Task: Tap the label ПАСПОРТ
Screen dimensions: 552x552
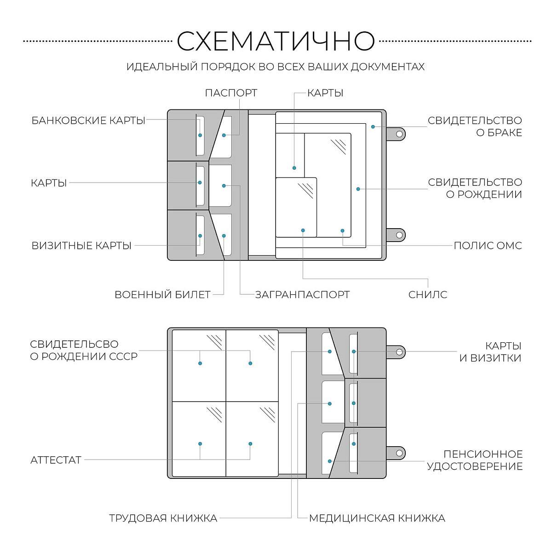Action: pos(231,93)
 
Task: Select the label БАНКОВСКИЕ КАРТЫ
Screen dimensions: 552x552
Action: pos(88,121)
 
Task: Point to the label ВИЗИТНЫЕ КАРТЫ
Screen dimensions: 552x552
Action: pos(81,246)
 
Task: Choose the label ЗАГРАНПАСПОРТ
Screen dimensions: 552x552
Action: pos(302,294)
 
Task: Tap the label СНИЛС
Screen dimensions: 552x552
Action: pos(428,294)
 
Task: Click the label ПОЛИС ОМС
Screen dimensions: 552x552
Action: pos(488,246)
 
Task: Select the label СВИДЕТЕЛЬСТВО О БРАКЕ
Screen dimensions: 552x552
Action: pos(475,126)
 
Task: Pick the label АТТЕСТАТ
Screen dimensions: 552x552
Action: pos(56,460)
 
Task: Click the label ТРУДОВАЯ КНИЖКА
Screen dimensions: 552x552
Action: pos(163,518)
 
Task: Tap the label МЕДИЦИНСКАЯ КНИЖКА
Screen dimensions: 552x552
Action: pos(377,518)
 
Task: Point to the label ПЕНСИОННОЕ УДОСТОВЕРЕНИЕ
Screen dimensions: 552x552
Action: pos(475,460)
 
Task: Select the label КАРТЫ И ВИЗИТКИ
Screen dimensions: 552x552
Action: pos(490,352)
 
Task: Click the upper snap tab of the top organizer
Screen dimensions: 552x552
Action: pos(399,134)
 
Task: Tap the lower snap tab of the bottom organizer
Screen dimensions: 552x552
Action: pos(399,453)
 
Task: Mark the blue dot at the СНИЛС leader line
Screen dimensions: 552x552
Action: pos(303,230)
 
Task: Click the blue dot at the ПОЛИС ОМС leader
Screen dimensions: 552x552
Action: pos(342,230)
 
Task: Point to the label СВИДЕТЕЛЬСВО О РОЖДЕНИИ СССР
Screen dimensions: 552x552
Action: pos(84,350)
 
